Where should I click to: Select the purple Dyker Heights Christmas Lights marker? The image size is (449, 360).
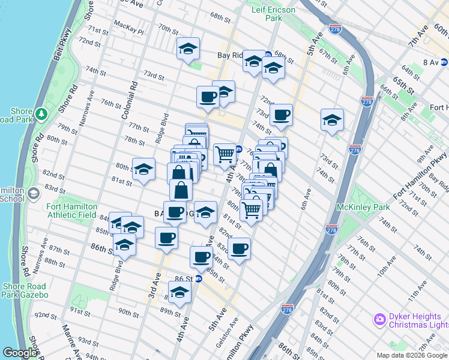pos(379,319)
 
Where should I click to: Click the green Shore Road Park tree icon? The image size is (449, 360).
pos(41,113)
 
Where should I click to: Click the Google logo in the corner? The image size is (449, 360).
pos(20,352)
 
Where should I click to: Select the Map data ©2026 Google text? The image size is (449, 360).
pos(411,355)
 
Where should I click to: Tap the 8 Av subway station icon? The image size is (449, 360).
pos(444,62)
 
